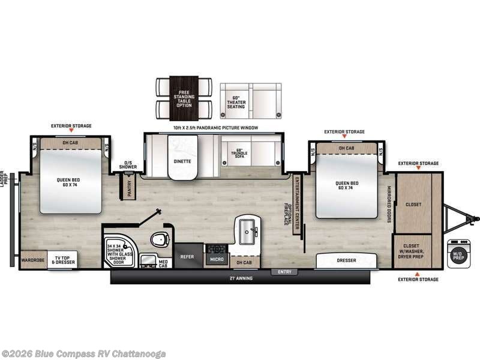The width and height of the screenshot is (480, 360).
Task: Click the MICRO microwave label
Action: tap(216, 259)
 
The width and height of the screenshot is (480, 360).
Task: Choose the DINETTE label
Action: tap(182, 161)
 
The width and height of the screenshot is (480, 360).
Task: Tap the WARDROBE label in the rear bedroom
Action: tap(33, 260)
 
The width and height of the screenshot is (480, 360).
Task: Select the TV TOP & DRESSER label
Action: tap(62, 260)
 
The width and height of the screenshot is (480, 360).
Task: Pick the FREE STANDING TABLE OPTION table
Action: tap(184, 97)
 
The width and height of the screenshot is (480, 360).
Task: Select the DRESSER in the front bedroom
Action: tap(347, 260)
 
